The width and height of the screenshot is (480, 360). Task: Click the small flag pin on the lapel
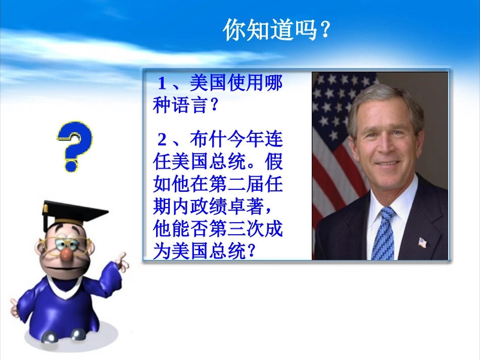tap(422, 243)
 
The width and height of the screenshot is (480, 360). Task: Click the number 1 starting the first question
tap(162, 83)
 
